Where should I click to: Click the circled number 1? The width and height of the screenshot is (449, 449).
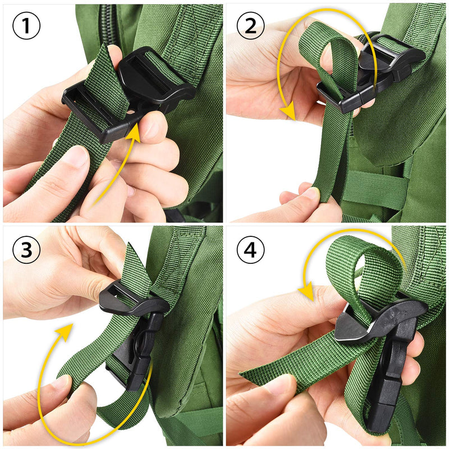click(x=26, y=27)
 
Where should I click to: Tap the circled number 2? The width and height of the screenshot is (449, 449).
click(x=251, y=27)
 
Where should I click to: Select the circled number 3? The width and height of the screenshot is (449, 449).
click(x=26, y=251)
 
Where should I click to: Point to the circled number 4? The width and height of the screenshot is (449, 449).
click(x=251, y=251)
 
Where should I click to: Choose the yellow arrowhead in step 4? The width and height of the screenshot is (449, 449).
click(x=305, y=292)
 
